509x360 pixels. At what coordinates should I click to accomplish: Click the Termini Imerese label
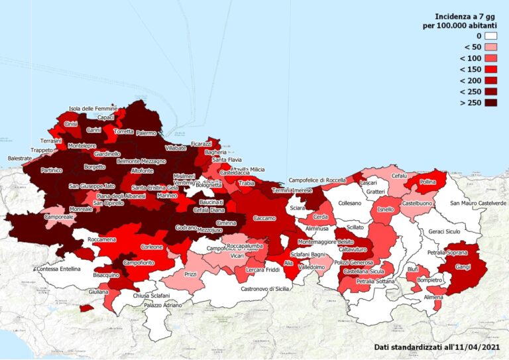coord(292,190)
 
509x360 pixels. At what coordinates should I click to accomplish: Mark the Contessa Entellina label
coord(58,269)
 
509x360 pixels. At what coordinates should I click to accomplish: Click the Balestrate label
coord(20,159)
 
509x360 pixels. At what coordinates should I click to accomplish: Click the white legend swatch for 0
coord(490,36)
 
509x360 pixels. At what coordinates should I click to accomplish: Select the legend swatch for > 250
coord(490,103)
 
